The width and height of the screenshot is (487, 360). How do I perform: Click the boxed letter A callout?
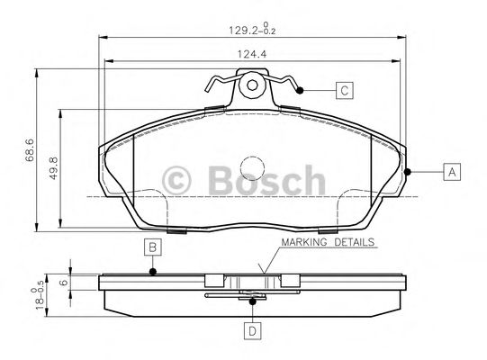pyautogui.click(x=451, y=171)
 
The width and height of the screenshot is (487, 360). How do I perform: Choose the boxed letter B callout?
pyautogui.click(x=153, y=247)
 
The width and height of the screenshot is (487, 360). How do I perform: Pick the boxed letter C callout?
pyautogui.click(x=343, y=90)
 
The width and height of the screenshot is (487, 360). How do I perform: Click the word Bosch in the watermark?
pyautogui.click(x=264, y=180)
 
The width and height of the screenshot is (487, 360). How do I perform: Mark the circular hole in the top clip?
pyautogui.click(x=253, y=87)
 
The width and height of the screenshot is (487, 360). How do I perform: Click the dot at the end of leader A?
pyautogui.click(x=408, y=171)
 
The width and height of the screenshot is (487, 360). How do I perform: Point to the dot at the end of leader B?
pyautogui.click(x=153, y=271)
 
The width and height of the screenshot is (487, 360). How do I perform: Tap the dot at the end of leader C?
pyautogui.click(x=302, y=90)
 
